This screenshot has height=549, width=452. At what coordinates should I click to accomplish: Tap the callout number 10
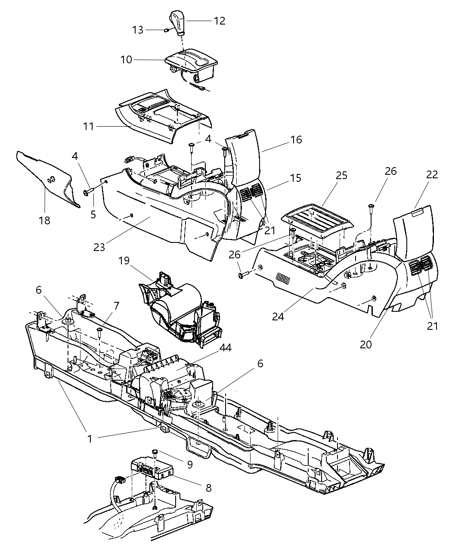126,59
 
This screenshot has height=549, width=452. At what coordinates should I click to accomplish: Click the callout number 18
44,220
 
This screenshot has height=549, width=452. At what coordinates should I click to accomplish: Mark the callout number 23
99,247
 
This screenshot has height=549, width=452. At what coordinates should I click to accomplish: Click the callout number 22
432,174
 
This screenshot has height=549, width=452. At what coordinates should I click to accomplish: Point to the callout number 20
366,344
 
